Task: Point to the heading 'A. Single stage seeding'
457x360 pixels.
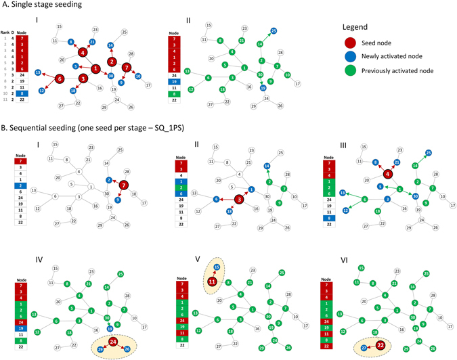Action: [x=42, y=5]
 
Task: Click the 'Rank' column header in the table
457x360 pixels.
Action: [x=5, y=31]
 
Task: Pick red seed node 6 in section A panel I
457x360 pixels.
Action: [x=59, y=78]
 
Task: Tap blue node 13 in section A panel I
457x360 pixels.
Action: [x=38, y=72]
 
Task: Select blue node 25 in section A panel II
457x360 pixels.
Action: [x=274, y=31]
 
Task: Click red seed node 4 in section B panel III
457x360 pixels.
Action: [x=388, y=174]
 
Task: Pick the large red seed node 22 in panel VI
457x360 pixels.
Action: [x=380, y=344]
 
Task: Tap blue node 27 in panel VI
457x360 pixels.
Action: [x=364, y=348]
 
